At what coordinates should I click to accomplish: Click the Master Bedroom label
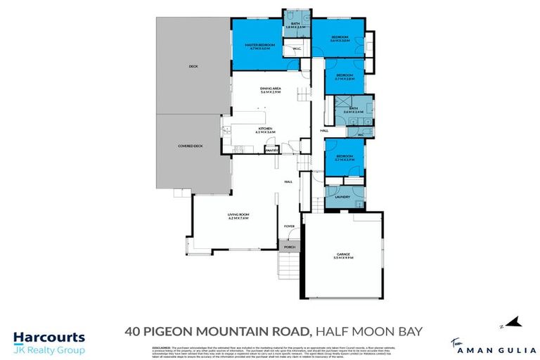click(x=257, y=46)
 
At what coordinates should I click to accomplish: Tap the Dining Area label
click(x=270, y=90)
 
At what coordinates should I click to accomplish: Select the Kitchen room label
click(x=265, y=130)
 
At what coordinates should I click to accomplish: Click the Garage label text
click(x=344, y=256)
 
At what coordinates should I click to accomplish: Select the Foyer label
click(x=288, y=226)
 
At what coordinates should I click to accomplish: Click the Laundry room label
click(x=342, y=197)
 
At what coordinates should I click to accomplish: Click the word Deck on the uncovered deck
click(x=193, y=66)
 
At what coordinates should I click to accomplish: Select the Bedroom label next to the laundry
click(x=344, y=157)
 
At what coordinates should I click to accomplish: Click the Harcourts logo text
click(x=49, y=338)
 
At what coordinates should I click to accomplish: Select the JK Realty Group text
click(x=49, y=350)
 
